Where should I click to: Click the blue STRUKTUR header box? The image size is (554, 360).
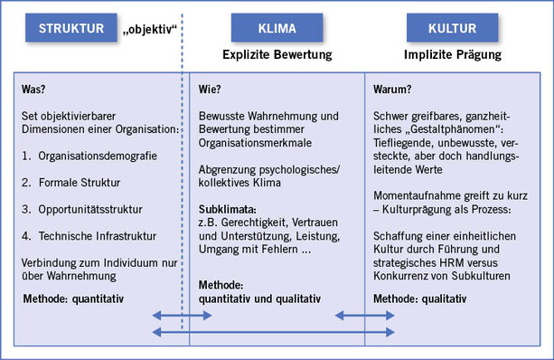tap(72, 29)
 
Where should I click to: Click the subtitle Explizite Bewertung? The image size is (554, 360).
tap(277, 55)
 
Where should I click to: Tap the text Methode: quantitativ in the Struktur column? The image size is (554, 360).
tap(77, 298)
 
